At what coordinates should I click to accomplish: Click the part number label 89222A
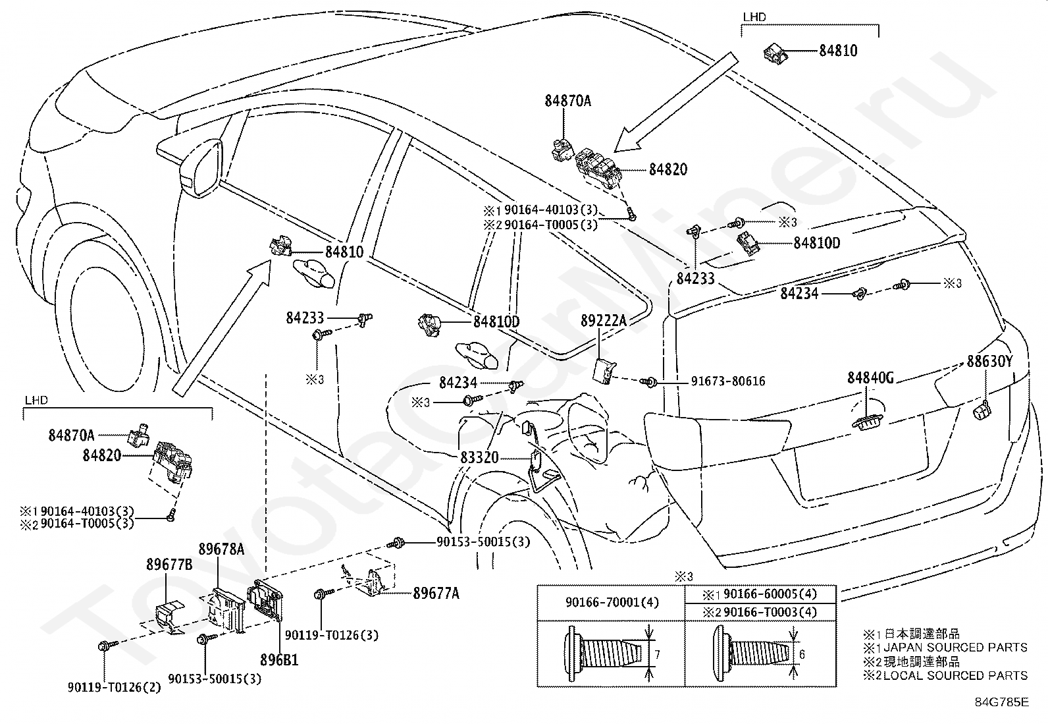(604, 321)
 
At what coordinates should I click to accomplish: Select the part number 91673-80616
(727, 381)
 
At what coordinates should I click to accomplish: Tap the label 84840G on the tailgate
(870, 377)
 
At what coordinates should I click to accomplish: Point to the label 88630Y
(989, 362)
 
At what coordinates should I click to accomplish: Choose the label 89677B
(169, 565)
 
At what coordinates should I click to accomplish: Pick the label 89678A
(222, 549)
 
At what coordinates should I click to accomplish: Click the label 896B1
(278, 659)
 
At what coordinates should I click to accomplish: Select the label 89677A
(436, 594)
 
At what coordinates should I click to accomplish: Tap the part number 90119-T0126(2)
(114, 687)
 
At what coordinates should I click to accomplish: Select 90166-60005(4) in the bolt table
(767, 594)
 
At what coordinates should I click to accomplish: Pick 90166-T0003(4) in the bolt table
(767, 612)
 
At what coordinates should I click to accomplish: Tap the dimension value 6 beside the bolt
(802, 654)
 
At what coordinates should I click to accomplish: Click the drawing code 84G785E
(1001, 702)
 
